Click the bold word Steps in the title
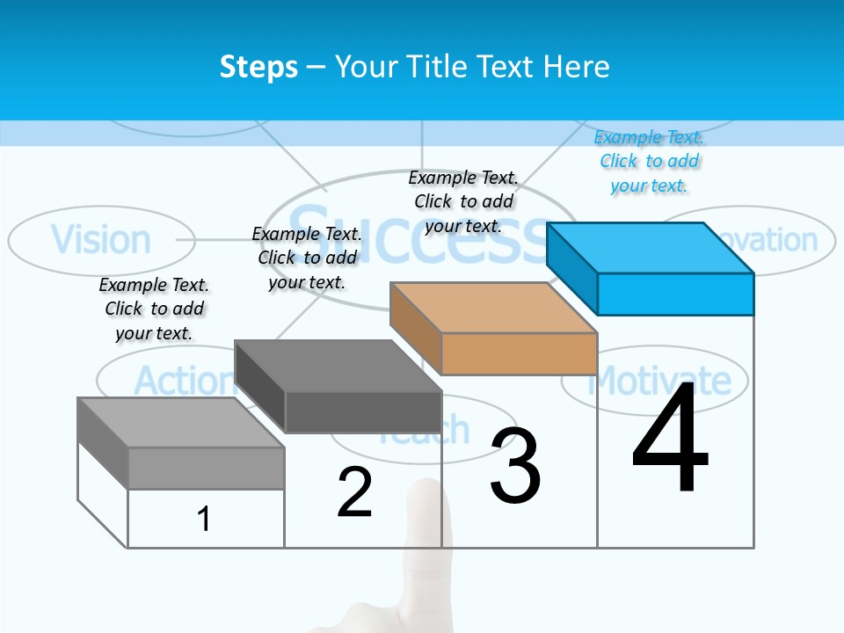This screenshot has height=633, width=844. [258, 67]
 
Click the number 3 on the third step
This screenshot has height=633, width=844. [515, 467]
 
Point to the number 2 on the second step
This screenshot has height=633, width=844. [354, 492]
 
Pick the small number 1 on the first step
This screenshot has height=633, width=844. [203, 519]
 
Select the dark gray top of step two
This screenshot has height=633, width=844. [338, 366]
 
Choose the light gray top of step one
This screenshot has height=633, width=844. [180, 423]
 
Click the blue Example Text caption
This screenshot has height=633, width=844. [649, 161]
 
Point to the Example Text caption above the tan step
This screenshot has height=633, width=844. [463, 201]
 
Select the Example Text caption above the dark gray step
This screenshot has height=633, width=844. [307, 258]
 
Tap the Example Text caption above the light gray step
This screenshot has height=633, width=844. [154, 309]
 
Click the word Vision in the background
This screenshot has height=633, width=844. [100, 239]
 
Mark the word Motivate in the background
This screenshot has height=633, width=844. [659, 380]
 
